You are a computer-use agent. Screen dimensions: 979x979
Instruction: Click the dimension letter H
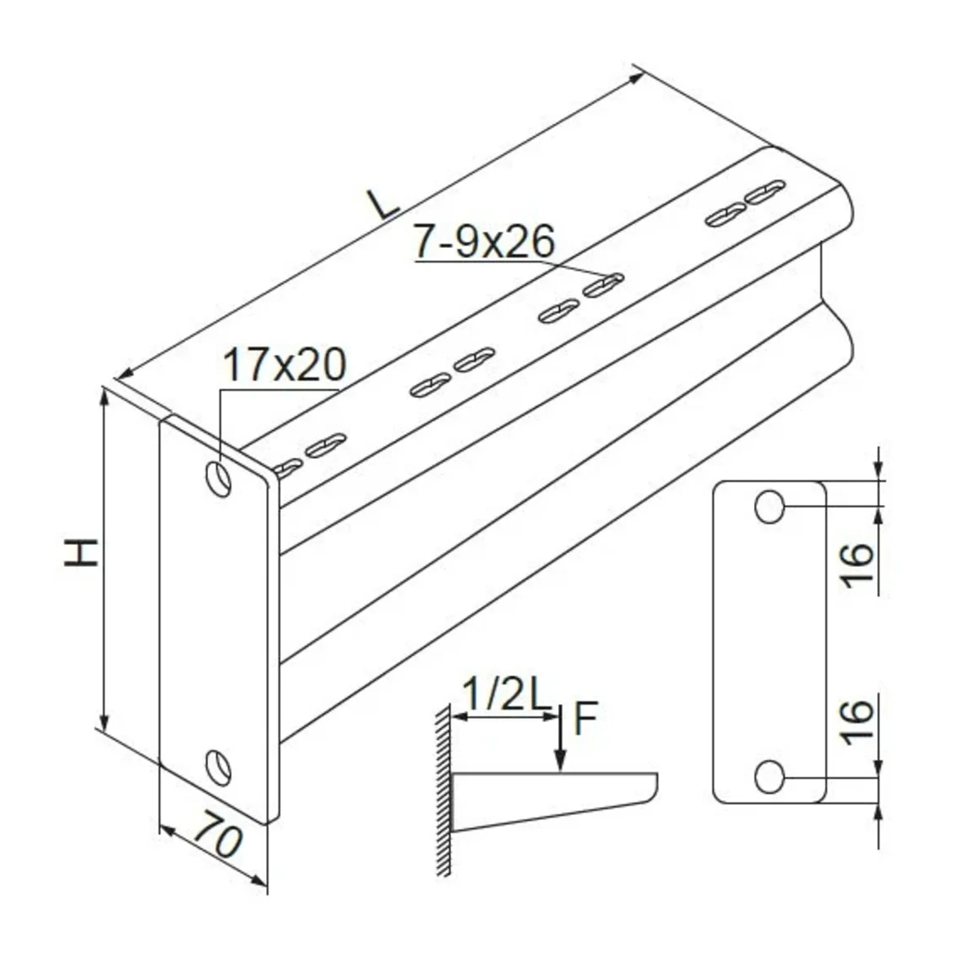(81, 552)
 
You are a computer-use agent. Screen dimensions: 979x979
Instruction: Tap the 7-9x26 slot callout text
(484, 241)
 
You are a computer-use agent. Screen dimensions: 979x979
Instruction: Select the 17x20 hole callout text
(285, 364)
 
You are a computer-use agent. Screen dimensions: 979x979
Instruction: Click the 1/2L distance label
(507, 695)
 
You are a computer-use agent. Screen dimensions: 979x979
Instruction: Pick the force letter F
(585, 719)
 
